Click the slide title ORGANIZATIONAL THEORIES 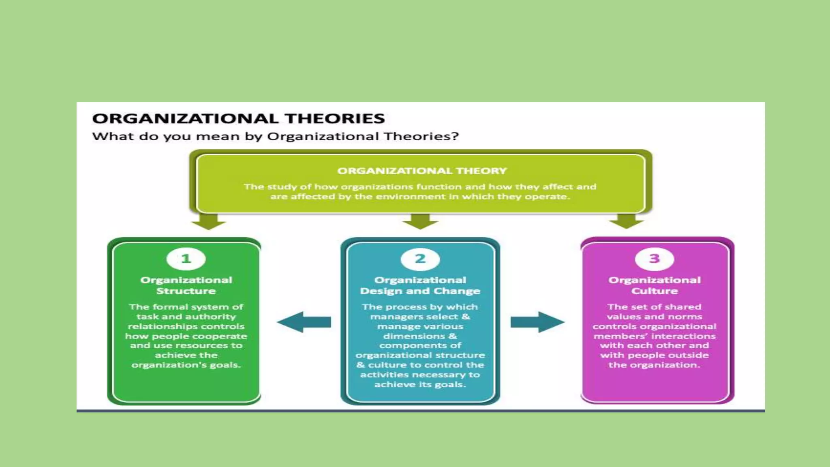[x=238, y=118]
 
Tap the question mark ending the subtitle [x=456, y=136]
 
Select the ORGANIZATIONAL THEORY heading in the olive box [x=422, y=171]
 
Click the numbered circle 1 [x=186, y=259]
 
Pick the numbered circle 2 [x=420, y=259]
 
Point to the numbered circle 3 [x=654, y=259]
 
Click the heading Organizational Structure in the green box [x=186, y=285]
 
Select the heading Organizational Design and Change [x=420, y=285]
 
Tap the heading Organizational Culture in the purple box [x=654, y=285]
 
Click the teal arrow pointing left [x=304, y=322]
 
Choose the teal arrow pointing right [x=537, y=322]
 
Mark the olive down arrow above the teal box [x=420, y=221]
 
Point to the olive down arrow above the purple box [x=626, y=221]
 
